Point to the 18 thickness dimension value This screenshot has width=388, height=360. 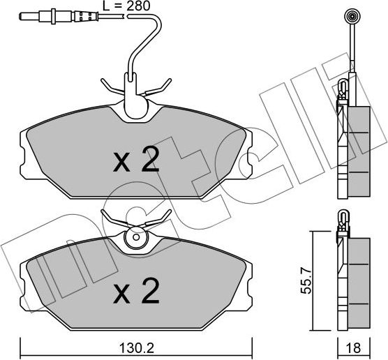click(355, 347)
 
